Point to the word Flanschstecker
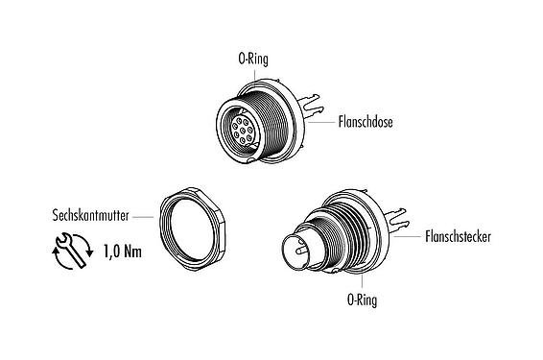(x=455, y=235)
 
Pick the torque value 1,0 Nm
(x=120, y=255)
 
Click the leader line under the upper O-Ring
(x=254, y=76)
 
